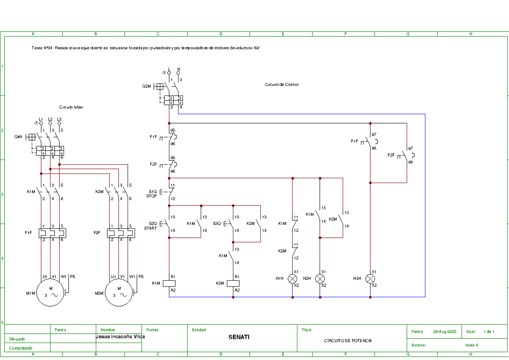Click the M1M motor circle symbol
point(50,293)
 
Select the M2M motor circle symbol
point(120,293)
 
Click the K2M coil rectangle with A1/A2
point(233,283)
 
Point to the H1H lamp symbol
point(293,278)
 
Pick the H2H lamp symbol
point(320,278)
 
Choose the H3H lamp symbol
point(370,278)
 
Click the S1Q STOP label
point(151,194)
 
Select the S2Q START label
point(151,226)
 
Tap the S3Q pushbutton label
point(217,223)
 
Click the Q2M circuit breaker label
point(146,86)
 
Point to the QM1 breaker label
point(18,137)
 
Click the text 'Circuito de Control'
point(282,84)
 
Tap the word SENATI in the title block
point(239,337)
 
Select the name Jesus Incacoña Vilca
point(120,337)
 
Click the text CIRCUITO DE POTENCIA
point(348,341)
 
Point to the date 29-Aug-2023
point(445,332)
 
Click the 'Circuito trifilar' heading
point(71,107)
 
